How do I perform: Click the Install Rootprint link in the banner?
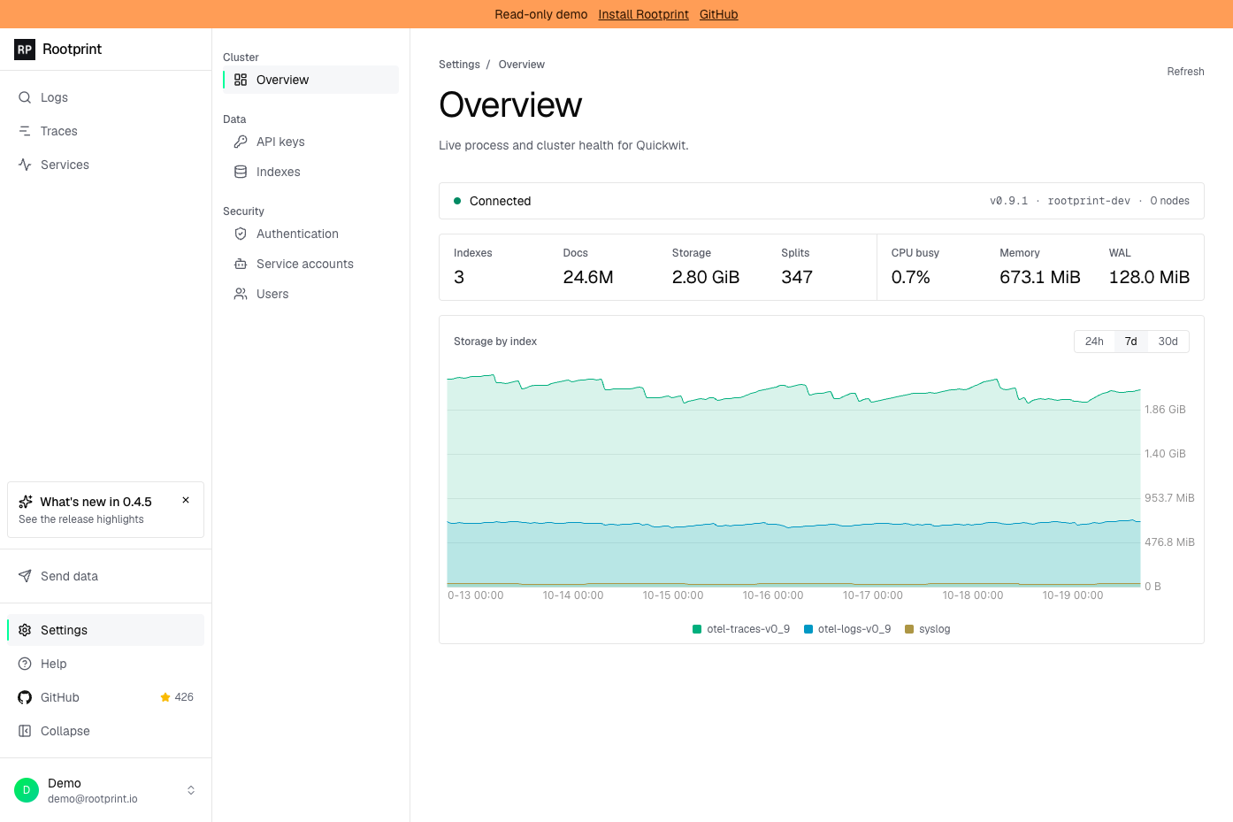tap(643, 14)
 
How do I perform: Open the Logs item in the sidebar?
tap(54, 97)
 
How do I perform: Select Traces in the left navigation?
tap(58, 131)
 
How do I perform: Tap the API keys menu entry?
tap(280, 142)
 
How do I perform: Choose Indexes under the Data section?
tap(278, 172)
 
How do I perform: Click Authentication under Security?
tap(297, 234)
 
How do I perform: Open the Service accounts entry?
tap(304, 264)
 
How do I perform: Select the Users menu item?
tap(272, 294)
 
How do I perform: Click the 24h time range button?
tap(1094, 342)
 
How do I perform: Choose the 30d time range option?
tap(1168, 342)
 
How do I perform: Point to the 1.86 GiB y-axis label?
tap(1165, 410)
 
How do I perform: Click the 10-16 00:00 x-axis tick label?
tap(773, 595)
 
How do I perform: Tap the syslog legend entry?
tap(928, 629)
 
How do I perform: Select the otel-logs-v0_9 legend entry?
tap(847, 629)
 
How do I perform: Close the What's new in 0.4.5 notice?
tap(186, 500)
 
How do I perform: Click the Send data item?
tap(69, 576)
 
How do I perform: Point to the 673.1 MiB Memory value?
tap(1040, 277)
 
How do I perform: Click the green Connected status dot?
tap(457, 201)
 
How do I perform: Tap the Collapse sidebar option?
tap(65, 731)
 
